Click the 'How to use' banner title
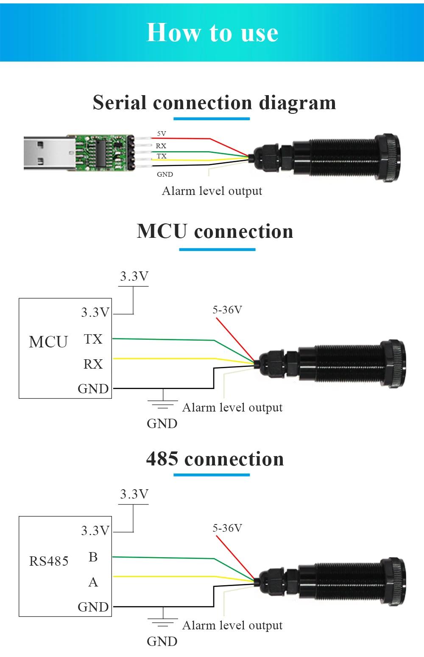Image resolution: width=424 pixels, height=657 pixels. pyautogui.click(x=212, y=32)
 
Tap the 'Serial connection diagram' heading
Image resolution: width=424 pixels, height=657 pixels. pyautogui.click(x=214, y=103)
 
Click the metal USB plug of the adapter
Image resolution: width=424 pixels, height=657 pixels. pyautogui.click(x=49, y=153)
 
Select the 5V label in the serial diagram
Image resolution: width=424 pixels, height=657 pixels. pyautogui.click(x=162, y=134)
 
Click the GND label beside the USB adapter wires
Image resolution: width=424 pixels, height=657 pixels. pyautogui.click(x=165, y=174)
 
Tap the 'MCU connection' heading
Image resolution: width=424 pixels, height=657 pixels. pyautogui.click(x=215, y=231)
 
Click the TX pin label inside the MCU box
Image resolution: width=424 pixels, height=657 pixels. pyautogui.click(x=93, y=339)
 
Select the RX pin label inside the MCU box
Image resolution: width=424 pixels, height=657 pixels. pyautogui.click(x=93, y=364)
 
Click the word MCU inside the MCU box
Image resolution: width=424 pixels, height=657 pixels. pyautogui.click(x=48, y=342)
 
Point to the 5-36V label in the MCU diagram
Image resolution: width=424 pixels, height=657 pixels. pyautogui.click(x=227, y=310)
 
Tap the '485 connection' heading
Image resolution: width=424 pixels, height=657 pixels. pyautogui.click(x=215, y=459)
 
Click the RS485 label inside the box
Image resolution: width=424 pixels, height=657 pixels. pyautogui.click(x=49, y=561)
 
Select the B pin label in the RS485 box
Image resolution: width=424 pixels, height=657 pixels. pyautogui.click(x=93, y=557)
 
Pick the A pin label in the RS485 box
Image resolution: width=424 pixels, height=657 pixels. pyautogui.click(x=93, y=582)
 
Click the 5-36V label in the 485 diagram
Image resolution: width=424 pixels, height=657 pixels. pyautogui.click(x=227, y=528)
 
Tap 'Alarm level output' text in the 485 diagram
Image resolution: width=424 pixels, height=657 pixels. pyautogui.click(x=232, y=625)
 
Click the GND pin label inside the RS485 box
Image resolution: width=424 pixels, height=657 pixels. pyautogui.click(x=93, y=607)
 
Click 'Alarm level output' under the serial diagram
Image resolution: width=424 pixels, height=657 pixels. pyautogui.click(x=212, y=191)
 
